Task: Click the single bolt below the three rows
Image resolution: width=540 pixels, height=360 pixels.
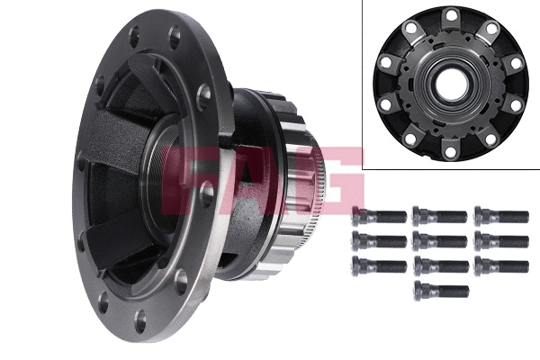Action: pyautogui.click(x=441, y=291)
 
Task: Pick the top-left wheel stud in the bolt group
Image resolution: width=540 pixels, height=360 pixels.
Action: pyautogui.click(x=379, y=216)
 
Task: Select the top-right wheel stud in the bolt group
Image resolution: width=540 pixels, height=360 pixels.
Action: pyautogui.click(x=501, y=216)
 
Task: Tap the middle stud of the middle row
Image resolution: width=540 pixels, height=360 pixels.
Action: pyautogui.click(x=440, y=241)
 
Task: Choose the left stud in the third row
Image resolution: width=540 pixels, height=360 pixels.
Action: pyautogui.click(x=379, y=265)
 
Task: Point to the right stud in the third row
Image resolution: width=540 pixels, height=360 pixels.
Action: pyautogui.click(x=501, y=265)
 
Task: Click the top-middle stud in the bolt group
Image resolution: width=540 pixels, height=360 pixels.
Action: pyautogui.click(x=440, y=216)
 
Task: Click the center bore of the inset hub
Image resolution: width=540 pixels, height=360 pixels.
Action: pyautogui.click(x=450, y=86)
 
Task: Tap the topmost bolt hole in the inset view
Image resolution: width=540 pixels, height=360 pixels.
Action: pyautogui.click(x=450, y=15)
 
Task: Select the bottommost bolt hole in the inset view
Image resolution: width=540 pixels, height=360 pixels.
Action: pyautogui.click(x=450, y=154)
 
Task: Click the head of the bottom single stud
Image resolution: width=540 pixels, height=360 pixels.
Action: pyautogui.click(x=420, y=291)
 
